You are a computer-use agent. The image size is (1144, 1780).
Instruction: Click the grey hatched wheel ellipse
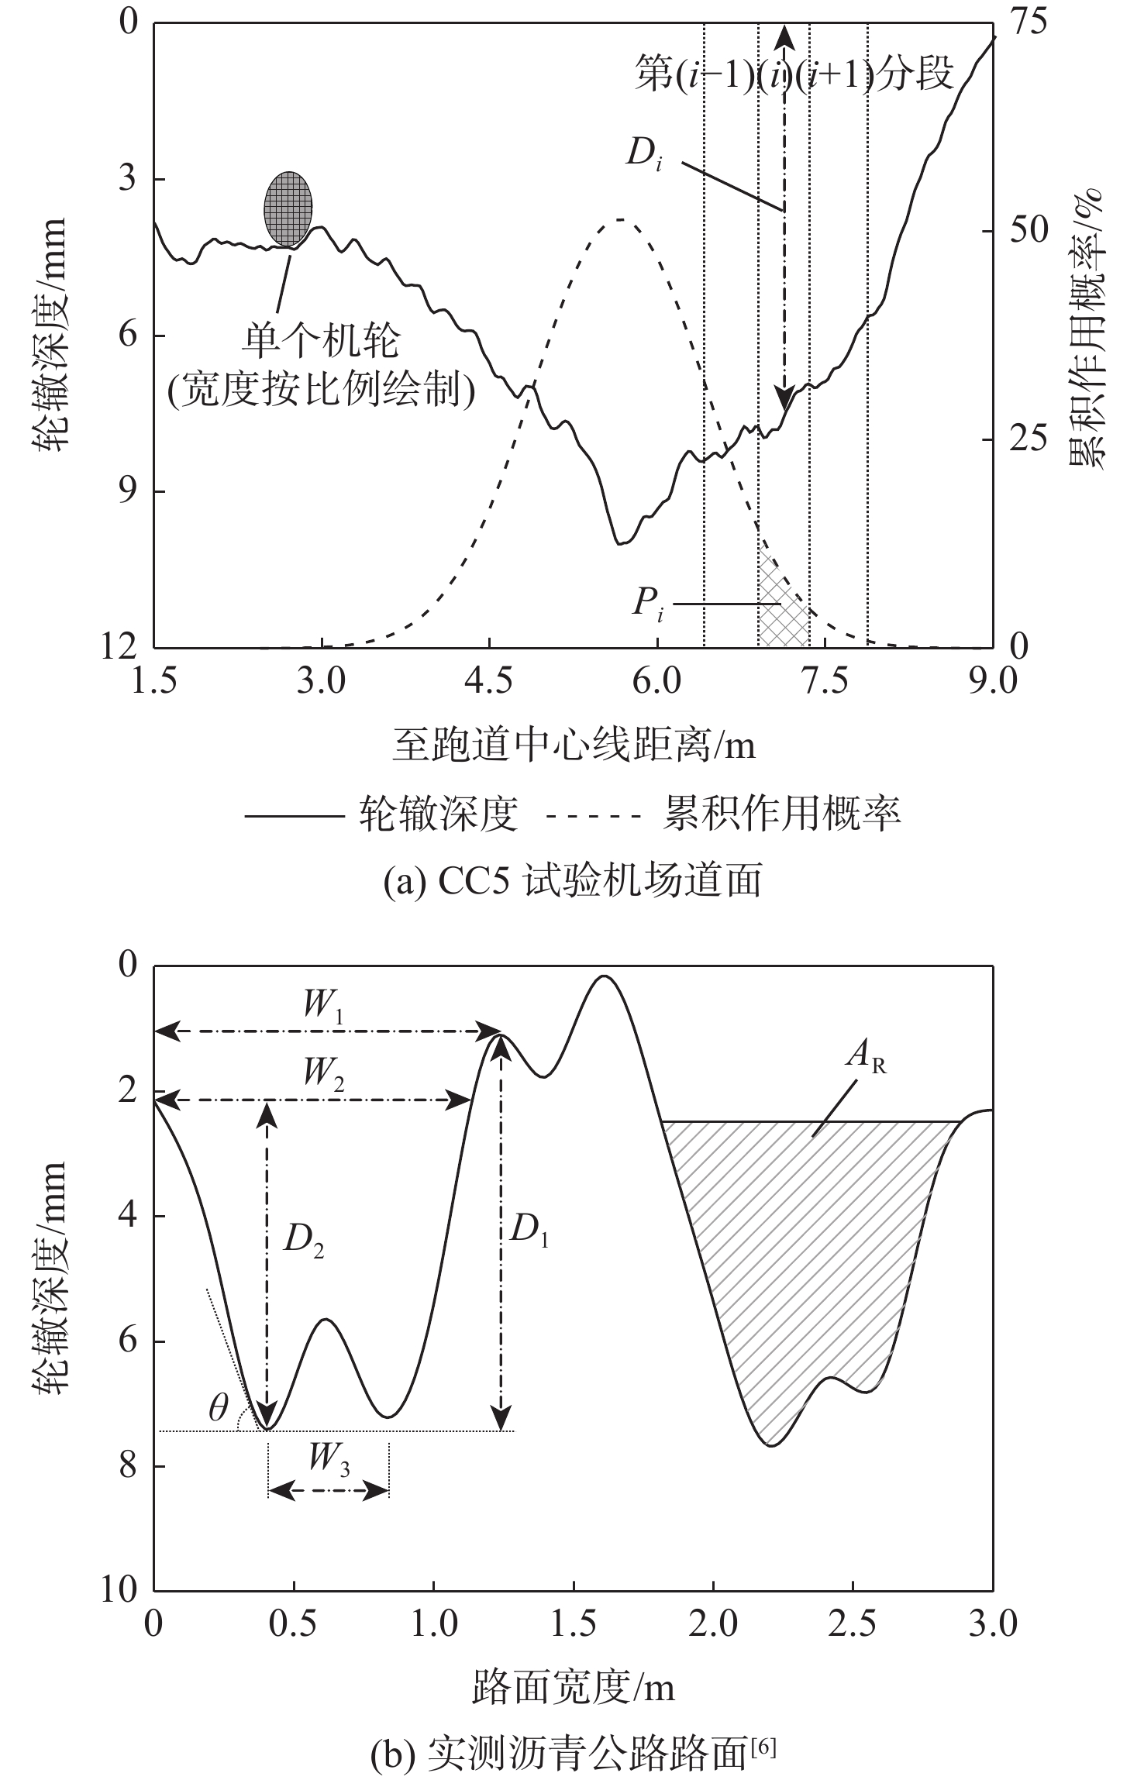coord(288,208)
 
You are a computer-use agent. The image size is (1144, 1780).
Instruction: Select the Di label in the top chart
coord(643,156)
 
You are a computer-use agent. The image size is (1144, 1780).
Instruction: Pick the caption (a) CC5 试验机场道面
coord(573,882)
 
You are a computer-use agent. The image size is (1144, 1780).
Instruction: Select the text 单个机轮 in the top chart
coord(322,341)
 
